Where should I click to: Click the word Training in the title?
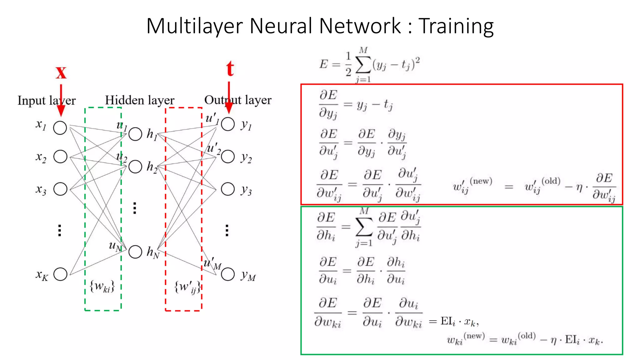click(456, 26)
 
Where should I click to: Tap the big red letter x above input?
click(61, 73)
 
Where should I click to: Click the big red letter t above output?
click(230, 69)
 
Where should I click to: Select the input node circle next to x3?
click(60, 189)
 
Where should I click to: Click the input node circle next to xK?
click(60, 274)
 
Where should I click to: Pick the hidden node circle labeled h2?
click(135, 167)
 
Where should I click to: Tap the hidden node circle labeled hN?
click(135, 252)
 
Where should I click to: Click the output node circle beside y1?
click(228, 124)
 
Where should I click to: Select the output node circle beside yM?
click(228, 274)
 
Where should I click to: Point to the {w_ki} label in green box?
click(102, 286)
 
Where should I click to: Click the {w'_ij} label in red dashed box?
click(187, 287)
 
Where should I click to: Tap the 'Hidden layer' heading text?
click(139, 100)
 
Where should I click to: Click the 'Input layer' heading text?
click(46, 101)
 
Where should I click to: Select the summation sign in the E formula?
click(363, 65)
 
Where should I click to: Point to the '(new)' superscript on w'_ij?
click(481, 181)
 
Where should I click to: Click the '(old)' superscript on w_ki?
click(527, 336)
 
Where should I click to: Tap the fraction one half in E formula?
click(348, 64)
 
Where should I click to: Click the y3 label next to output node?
click(246, 190)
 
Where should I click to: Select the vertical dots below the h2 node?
click(135, 208)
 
